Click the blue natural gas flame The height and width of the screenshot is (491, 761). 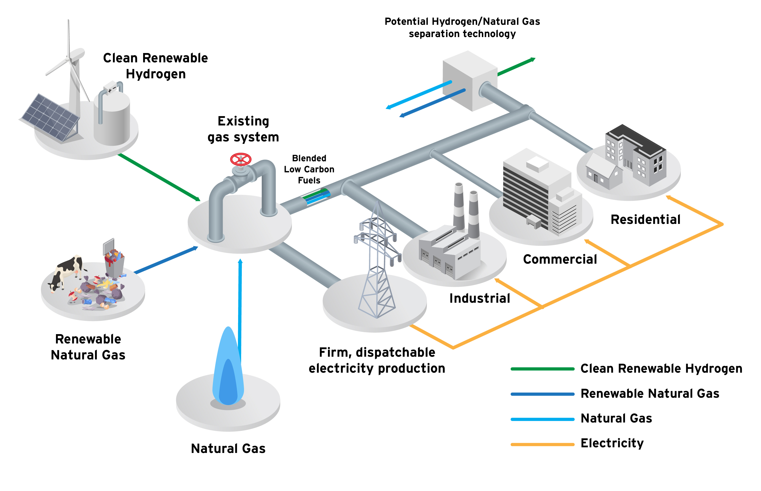228,370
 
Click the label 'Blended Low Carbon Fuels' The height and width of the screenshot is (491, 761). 309,169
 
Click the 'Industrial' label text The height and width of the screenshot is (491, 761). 479,299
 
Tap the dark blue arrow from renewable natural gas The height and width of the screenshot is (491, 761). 166,260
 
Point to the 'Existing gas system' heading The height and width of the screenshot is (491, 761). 243,129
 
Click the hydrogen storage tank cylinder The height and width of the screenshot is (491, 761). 112,120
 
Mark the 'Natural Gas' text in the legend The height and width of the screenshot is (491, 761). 616,418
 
